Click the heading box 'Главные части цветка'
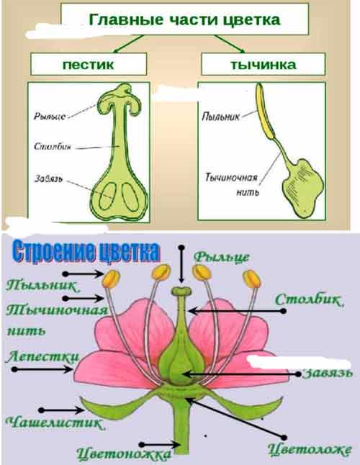(x=184, y=19)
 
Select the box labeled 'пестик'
(x=89, y=64)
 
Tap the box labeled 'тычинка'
(x=264, y=64)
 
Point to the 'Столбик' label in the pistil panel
(x=53, y=147)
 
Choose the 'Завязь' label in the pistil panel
(x=49, y=179)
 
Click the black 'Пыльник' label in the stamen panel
(x=220, y=117)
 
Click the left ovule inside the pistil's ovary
(x=107, y=196)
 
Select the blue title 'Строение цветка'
(x=86, y=252)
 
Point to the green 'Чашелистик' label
(x=55, y=423)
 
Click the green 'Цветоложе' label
(x=310, y=450)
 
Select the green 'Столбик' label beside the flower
(x=310, y=300)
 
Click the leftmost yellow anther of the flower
(x=111, y=279)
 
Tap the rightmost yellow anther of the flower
(x=252, y=279)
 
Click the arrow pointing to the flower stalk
(x=160, y=445)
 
